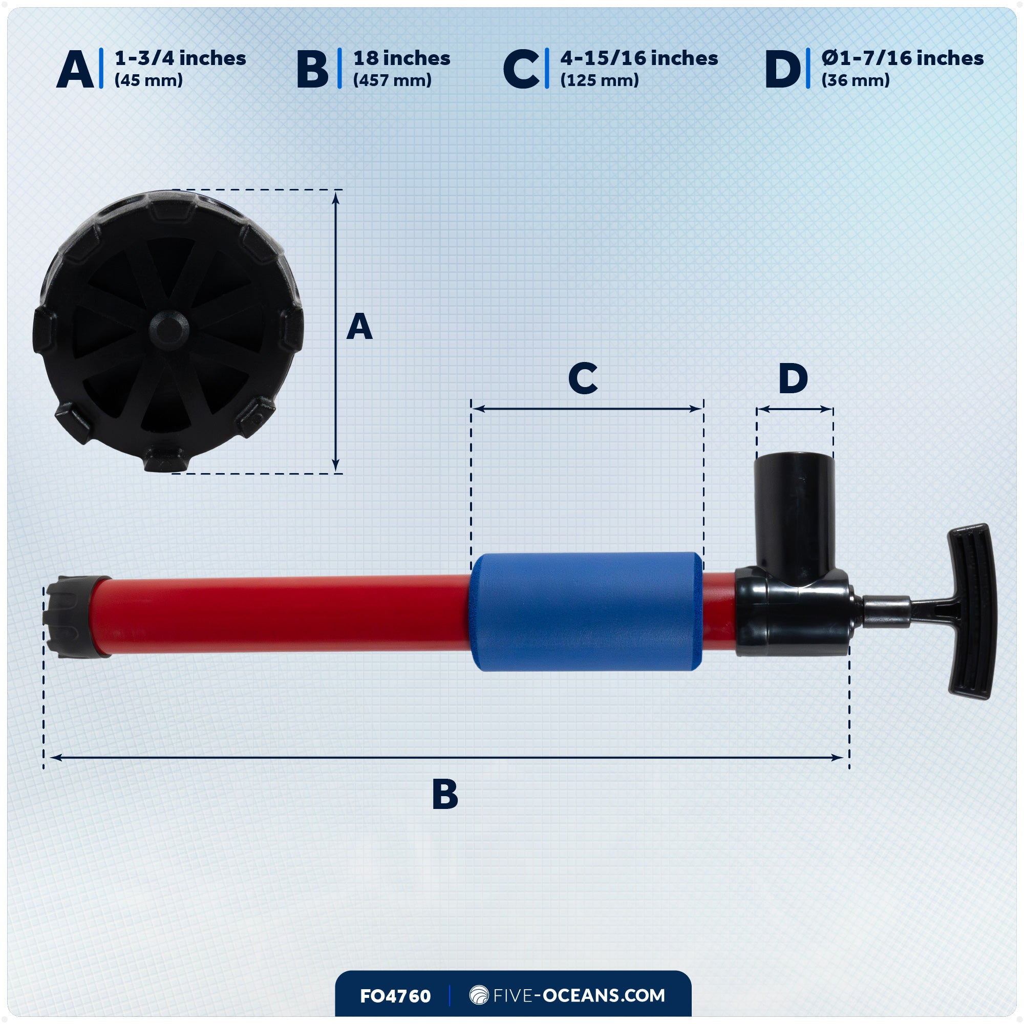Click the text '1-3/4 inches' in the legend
click(x=180, y=58)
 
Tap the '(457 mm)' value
click(x=392, y=80)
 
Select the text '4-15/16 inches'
click(x=638, y=58)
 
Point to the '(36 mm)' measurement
click(x=856, y=80)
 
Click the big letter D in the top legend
click(x=782, y=70)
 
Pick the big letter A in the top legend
click(x=75, y=70)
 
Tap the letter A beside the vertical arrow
click(x=359, y=327)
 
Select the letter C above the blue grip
click(x=583, y=378)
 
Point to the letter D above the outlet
click(x=793, y=378)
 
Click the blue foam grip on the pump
click(x=586, y=612)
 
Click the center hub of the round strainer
click(x=168, y=327)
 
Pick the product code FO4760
click(x=395, y=996)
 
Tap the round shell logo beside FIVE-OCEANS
click(x=479, y=995)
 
